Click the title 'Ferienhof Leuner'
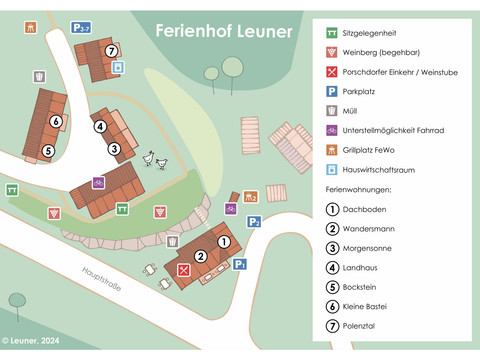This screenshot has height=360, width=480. coord(224,31)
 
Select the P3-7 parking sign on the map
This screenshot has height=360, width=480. coord(81,28)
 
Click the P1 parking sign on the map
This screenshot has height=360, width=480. coord(240,264)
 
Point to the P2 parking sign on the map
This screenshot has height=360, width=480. coord(254,222)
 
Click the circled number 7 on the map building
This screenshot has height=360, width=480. coord(111,51)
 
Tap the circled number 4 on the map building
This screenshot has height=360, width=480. coord(99,126)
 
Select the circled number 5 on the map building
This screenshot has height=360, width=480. coord(47,151)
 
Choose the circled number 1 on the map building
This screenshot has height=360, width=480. coord(224,241)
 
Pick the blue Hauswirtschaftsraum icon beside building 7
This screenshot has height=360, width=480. coord(119,67)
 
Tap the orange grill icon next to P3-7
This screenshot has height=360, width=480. coord(30,28)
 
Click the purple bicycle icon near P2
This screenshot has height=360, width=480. coord(230,209)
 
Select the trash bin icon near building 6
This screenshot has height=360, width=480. coord(39,77)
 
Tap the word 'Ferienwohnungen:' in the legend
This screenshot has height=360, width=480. coord(358,189)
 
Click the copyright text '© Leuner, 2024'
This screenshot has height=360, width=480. coord(33,342)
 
